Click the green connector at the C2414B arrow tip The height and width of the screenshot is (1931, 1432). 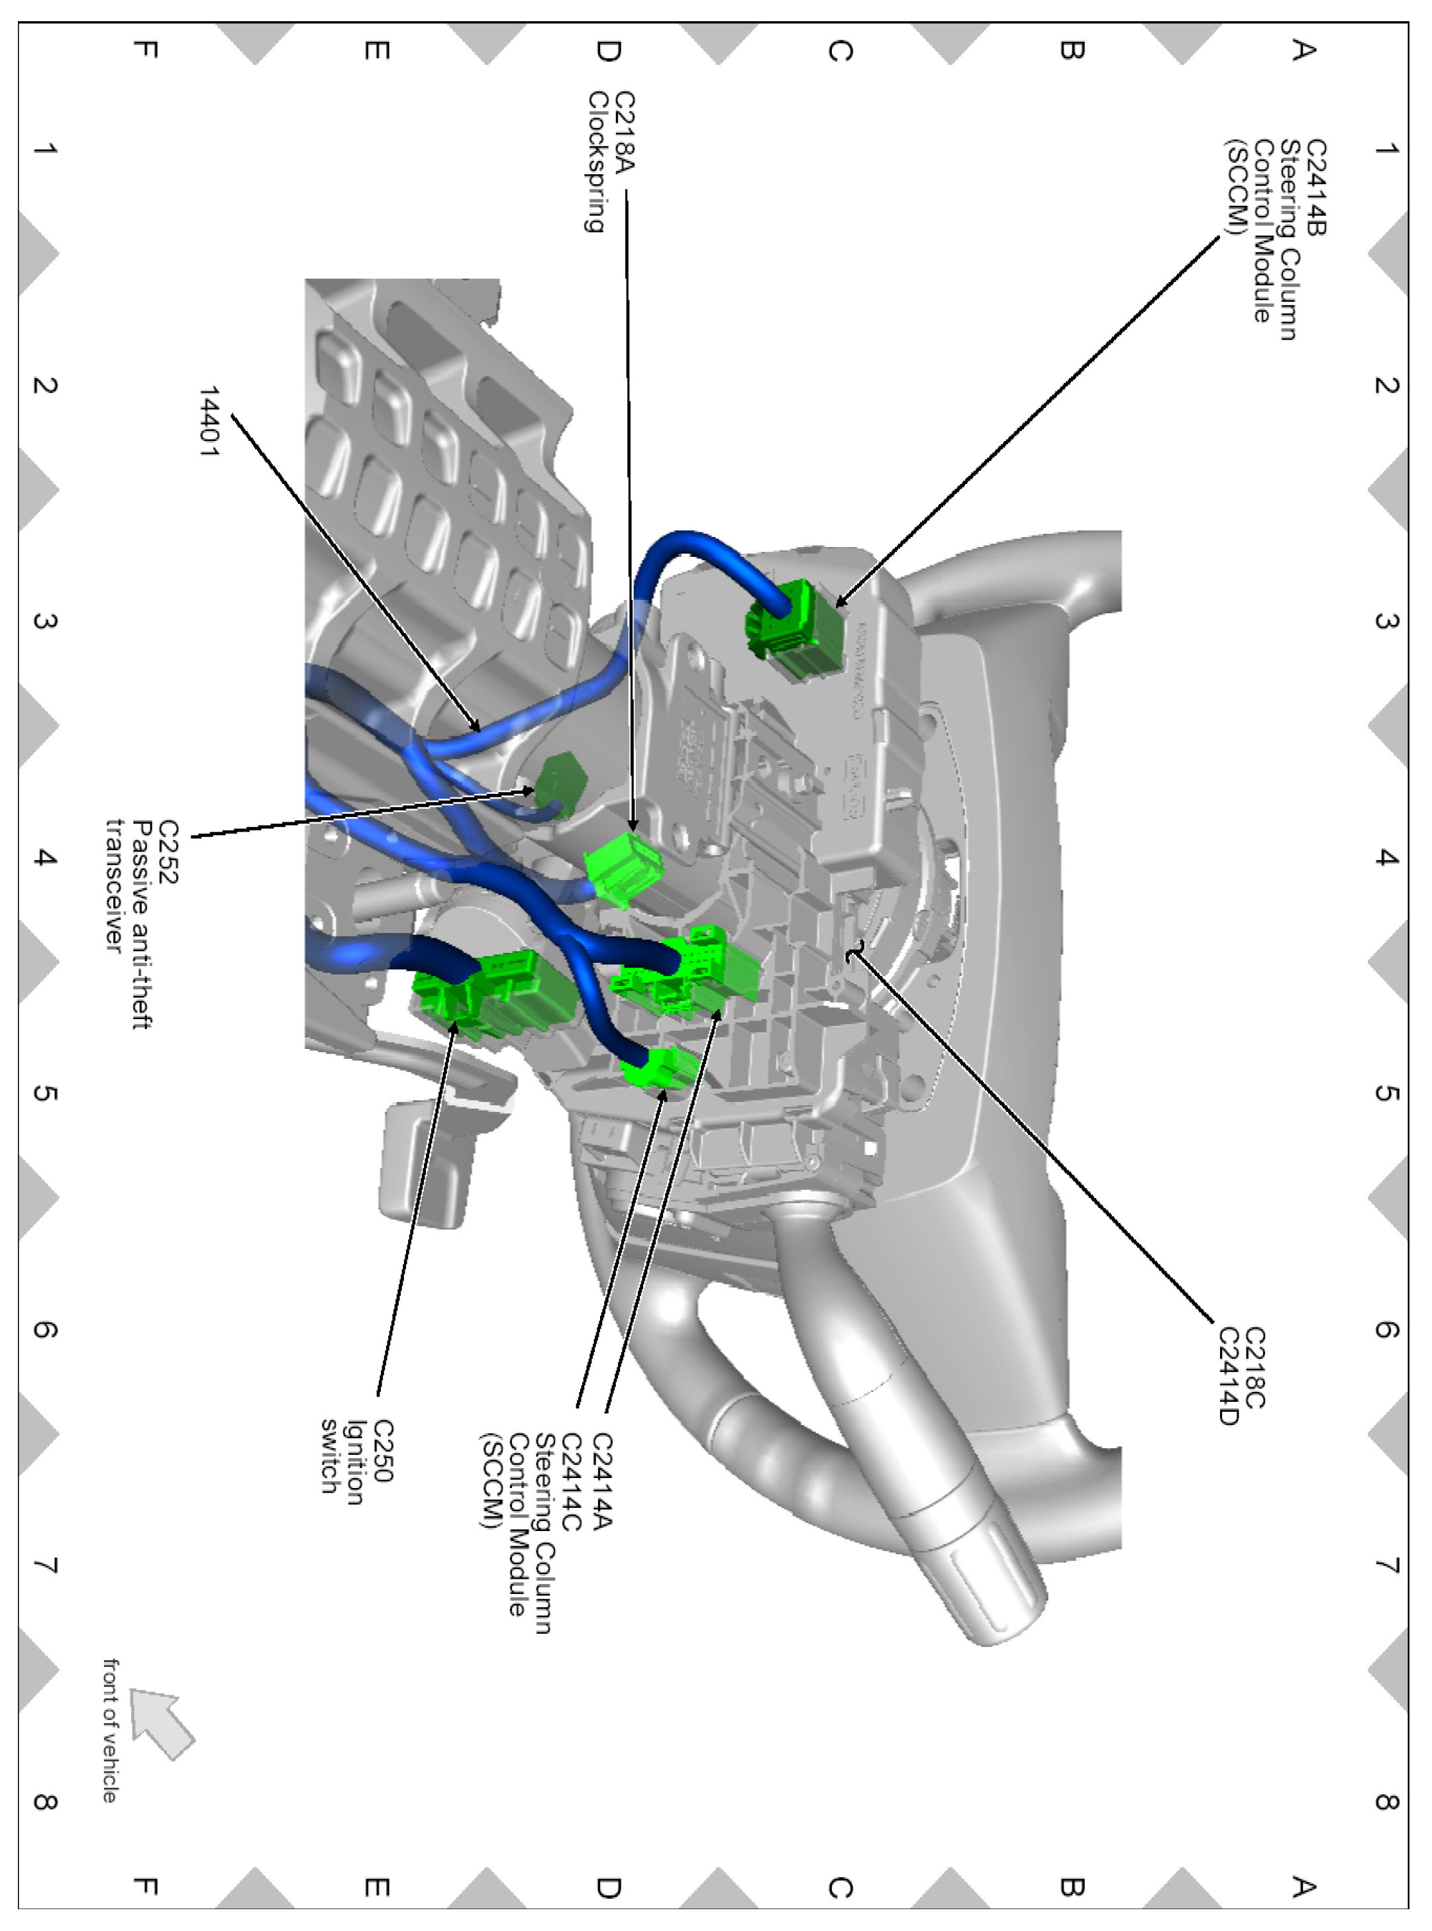point(795,626)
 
